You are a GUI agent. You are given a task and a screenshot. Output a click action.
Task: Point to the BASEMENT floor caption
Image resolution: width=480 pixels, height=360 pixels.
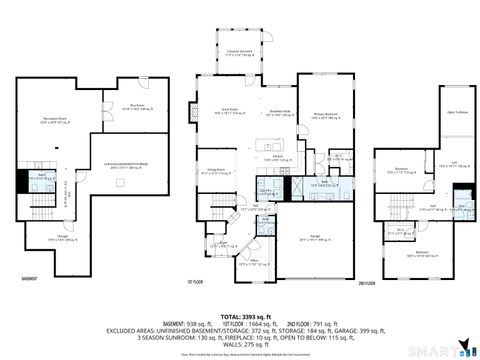tap(31, 278)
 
